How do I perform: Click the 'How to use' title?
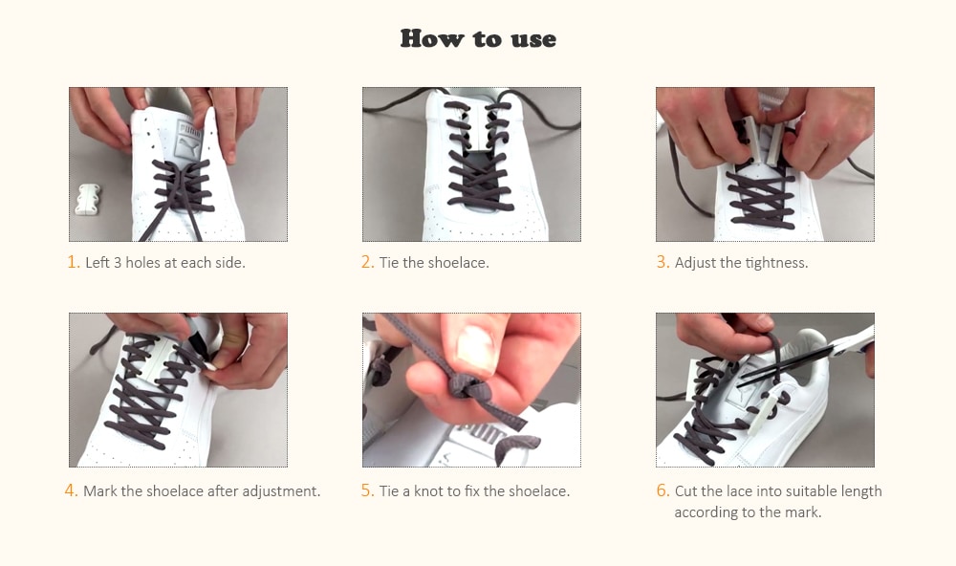(478, 38)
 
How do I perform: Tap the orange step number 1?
(73, 262)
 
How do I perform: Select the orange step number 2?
(367, 262)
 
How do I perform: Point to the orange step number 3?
(662, 262)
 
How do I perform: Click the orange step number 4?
(71, 490)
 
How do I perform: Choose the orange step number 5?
(367, 490)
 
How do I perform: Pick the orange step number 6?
(662, 490)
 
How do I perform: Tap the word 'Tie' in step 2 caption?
(389, 262)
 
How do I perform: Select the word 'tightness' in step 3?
(774, 262)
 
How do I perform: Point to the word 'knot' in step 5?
(430, 490)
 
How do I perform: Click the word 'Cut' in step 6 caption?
(685, 490)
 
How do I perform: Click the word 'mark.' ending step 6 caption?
(803, 512)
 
